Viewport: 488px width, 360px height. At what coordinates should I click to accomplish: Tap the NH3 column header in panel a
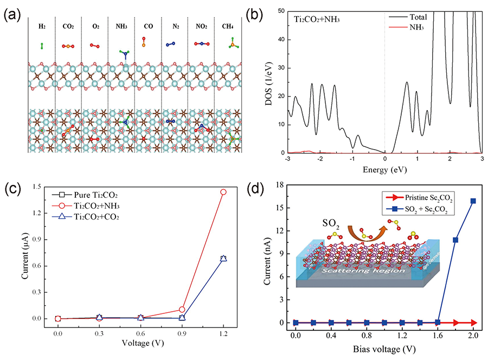click(121, 26)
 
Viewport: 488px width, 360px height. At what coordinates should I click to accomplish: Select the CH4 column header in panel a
click(229, 26)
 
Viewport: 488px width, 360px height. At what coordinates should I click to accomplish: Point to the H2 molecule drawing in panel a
click(41, 46)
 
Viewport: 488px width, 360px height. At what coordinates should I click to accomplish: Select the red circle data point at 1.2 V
click(223, 192)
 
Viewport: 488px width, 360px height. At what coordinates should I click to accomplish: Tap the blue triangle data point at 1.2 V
click(223, 259)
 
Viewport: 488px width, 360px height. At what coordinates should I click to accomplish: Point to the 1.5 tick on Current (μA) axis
click(41, 187)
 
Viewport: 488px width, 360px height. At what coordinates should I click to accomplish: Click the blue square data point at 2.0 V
click(473, 201)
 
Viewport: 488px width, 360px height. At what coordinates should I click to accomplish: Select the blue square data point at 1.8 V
click(455, 240)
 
